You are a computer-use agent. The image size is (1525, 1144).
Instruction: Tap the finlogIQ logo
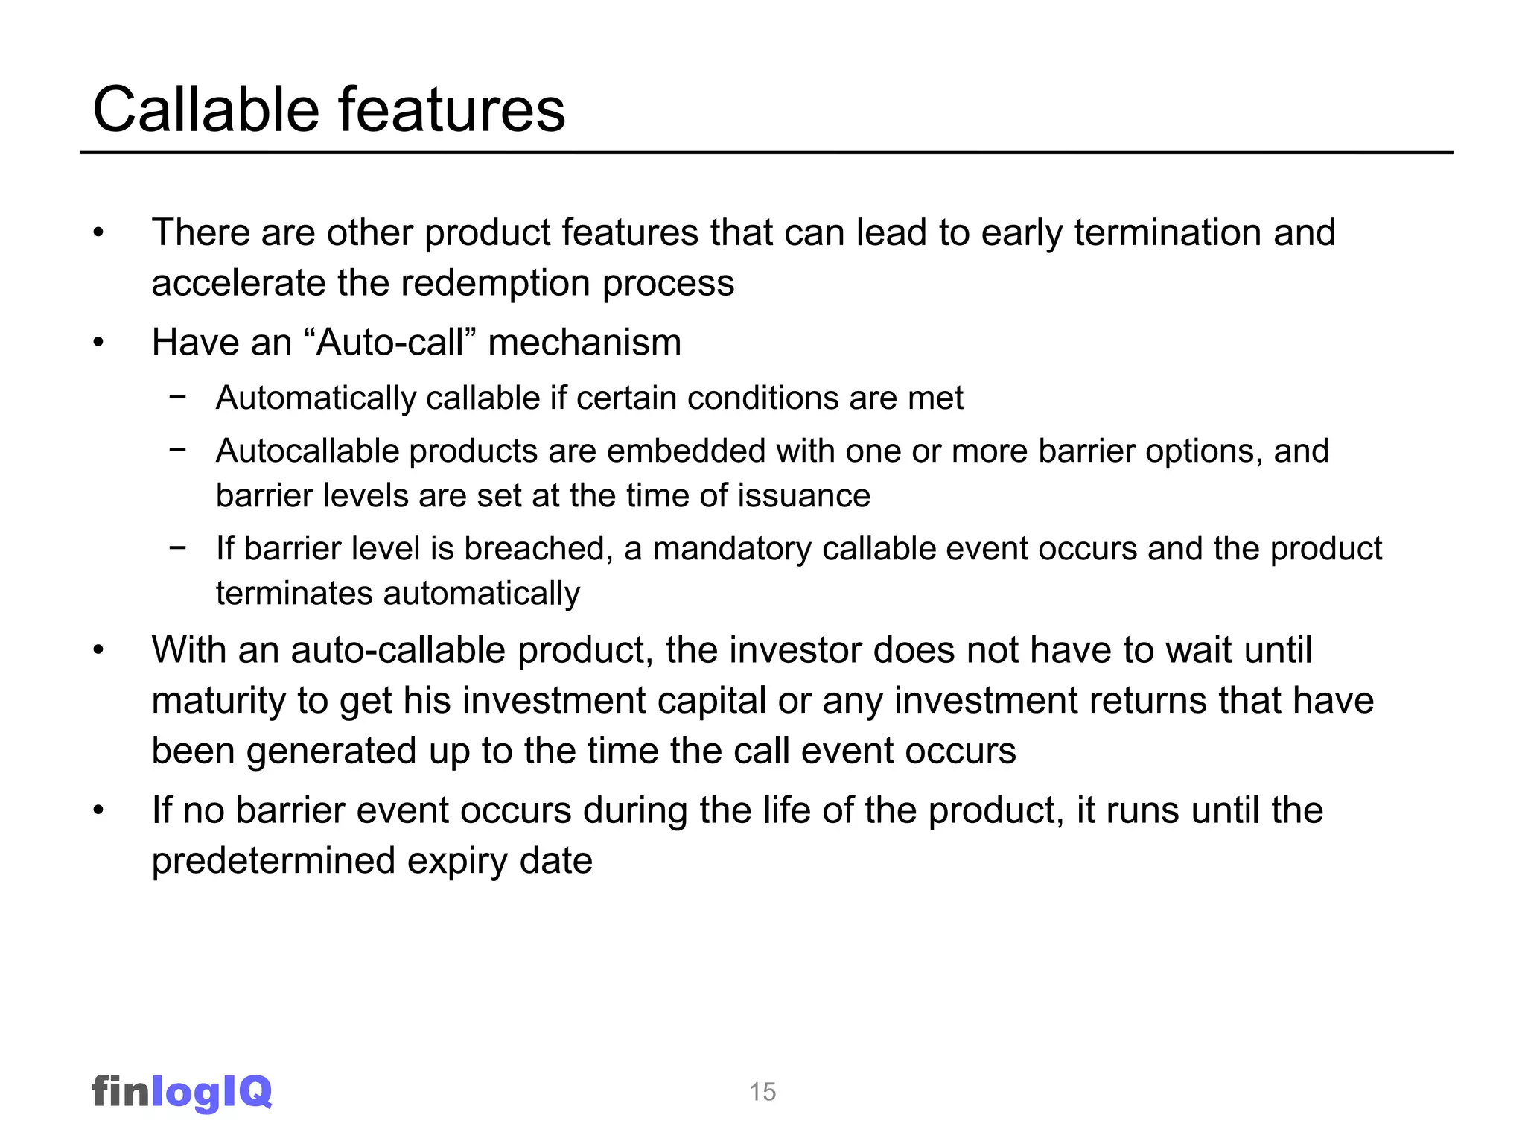[182, 1092]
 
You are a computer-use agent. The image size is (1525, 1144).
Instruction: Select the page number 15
[762, 1092]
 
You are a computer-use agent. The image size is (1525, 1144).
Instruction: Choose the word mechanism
[585, 343]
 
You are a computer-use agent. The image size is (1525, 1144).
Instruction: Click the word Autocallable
[307, 451]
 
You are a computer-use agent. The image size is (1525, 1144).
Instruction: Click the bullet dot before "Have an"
[98, 343]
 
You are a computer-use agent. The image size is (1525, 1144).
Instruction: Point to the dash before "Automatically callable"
[177, 398]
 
